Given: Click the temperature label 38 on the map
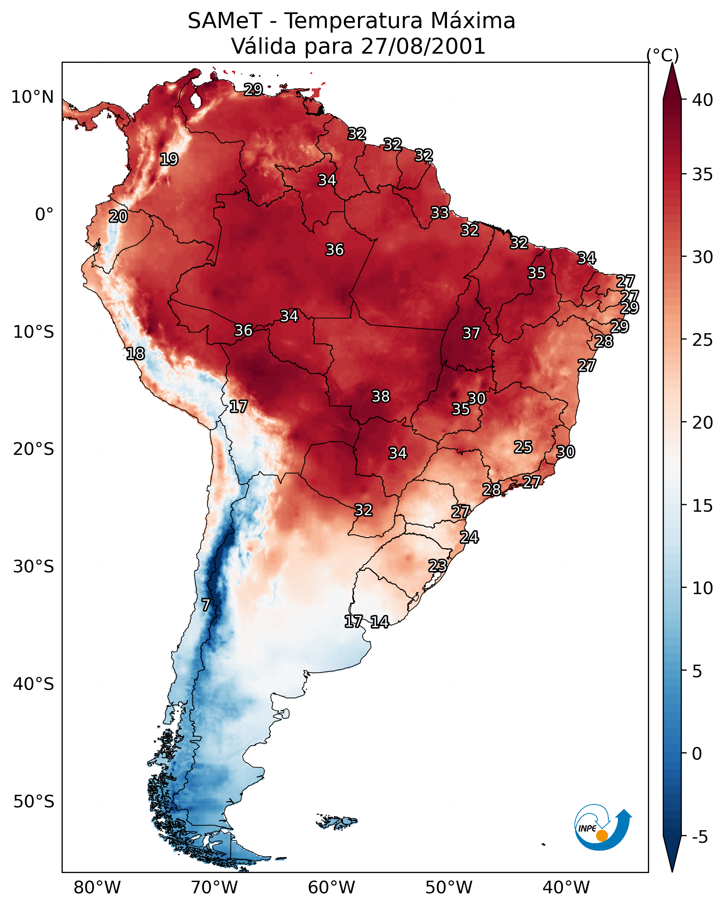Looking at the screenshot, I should point(381,396).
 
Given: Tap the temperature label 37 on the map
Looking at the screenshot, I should point(471,333).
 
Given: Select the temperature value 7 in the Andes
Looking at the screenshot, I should point(206,605).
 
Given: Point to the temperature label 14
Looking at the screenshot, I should point(379,622).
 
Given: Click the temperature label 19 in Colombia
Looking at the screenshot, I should point(169,160).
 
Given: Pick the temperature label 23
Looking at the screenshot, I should point(437,565).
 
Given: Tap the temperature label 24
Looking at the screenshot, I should point(469,537).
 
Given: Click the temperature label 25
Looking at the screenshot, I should point(523,447).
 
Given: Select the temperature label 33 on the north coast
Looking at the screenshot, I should point(440,213).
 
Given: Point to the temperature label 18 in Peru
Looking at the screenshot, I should point(135,354).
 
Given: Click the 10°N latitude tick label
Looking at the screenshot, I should point(32,97).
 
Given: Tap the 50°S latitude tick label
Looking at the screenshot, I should point(34,802).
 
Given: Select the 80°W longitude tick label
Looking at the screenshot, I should point(97,888).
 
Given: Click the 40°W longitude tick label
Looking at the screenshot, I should point(566,888).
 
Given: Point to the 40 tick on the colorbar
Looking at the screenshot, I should point(703,100).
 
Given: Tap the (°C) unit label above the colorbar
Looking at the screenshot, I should point(662,55).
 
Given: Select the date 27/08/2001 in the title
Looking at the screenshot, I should point(423,46).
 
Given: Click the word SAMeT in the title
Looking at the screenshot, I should point(225,21).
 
